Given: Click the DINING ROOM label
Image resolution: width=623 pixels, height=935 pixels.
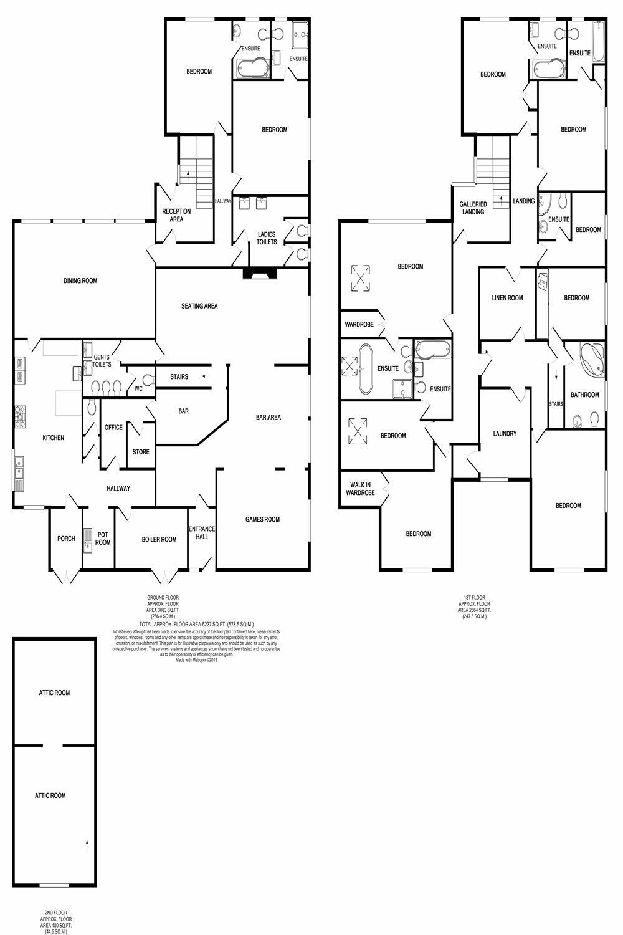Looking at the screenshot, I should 80,280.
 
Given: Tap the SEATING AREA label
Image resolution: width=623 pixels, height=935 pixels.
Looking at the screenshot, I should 199,306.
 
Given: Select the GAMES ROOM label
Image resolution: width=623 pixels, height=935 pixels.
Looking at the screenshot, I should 262,519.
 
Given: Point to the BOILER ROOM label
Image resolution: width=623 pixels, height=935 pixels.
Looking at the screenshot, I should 159,539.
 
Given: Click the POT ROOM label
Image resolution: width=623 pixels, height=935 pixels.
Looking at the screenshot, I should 103,539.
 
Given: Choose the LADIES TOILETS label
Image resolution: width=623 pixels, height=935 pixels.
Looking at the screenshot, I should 267,238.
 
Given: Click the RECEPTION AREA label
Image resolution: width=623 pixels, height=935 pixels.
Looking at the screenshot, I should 176,215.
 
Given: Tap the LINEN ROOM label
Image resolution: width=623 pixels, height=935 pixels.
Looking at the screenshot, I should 507,298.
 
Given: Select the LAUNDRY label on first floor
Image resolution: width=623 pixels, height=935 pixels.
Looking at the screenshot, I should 505,434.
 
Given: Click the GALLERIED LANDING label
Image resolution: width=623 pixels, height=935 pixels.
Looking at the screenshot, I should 473,208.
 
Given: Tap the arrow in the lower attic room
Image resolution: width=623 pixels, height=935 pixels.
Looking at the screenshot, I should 87,845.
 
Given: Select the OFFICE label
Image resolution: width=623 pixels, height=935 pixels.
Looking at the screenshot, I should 113,428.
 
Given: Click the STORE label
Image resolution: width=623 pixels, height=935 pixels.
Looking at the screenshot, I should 141,452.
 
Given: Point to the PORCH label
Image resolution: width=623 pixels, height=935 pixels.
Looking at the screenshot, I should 66,539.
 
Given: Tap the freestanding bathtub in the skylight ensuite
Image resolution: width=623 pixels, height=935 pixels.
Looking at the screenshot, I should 366,368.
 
